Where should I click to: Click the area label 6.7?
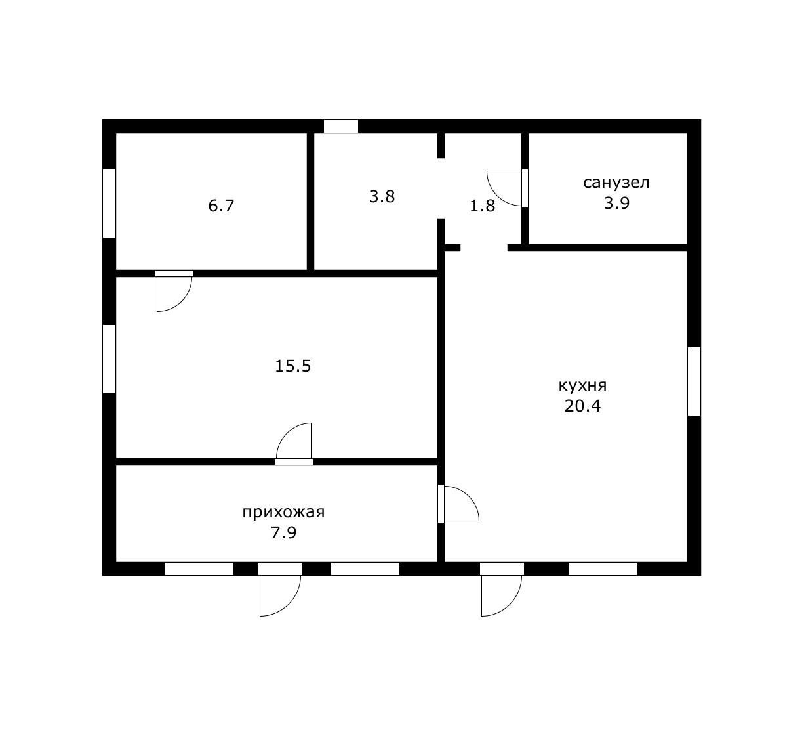221,206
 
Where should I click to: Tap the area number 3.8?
382,197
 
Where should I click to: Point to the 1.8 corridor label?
482,206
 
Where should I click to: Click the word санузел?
616,183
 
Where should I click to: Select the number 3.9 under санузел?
616,203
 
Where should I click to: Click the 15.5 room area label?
292,366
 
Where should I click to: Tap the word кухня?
582,385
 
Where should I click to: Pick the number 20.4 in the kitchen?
582,406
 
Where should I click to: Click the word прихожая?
283,513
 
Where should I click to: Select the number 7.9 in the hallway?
283,533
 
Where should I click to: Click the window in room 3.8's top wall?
340,127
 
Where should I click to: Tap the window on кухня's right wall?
694,381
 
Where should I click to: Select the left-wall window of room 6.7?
109,204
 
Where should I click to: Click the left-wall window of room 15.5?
109,359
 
